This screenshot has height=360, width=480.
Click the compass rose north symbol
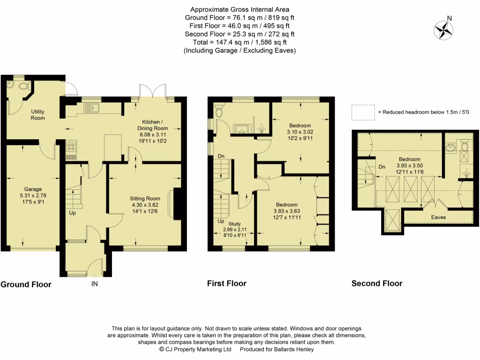443,30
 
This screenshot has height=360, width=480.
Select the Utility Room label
38,115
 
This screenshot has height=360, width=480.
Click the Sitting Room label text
145,199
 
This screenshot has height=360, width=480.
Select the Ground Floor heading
26,284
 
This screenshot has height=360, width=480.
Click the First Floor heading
226,283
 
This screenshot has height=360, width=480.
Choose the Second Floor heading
377,283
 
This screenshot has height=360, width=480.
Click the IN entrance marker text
94,284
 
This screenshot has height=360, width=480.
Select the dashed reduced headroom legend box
363,112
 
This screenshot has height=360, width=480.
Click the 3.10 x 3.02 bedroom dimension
300,132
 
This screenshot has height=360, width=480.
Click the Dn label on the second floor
382,166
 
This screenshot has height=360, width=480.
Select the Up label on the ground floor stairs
72,213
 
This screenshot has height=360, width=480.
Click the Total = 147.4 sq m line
240,42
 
